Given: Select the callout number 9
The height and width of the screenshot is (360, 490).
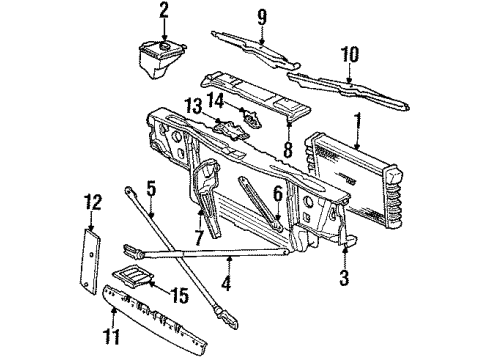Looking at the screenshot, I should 261,16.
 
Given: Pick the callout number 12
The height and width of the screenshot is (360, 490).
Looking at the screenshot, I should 92,202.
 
